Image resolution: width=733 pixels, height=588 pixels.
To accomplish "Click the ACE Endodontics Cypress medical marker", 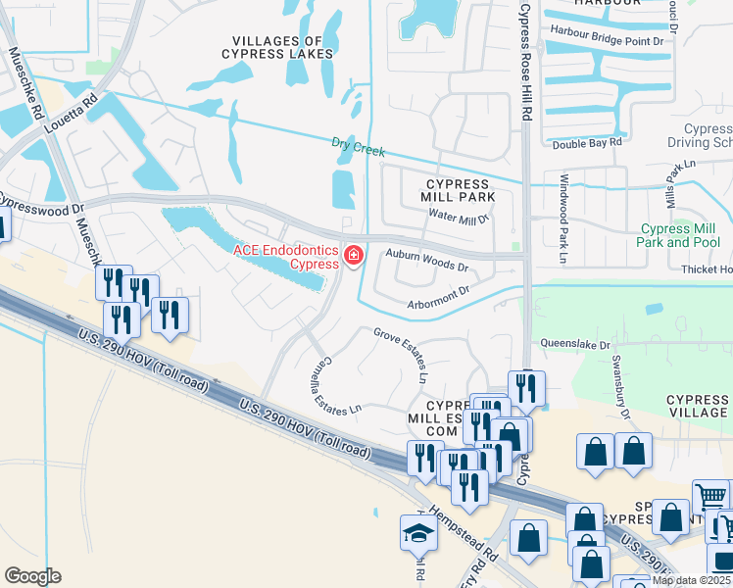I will (353, 257).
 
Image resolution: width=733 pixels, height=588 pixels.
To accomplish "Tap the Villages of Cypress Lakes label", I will (276, 47).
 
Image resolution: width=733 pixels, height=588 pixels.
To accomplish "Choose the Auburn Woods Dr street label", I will (426, 260).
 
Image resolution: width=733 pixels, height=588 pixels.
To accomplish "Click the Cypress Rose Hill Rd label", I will (525, 59).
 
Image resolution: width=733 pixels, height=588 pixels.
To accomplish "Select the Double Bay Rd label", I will (588, 142).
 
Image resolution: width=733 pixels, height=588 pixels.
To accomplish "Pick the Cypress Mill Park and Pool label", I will (679, 235).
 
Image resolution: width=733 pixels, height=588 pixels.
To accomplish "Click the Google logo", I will (32, 576).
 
